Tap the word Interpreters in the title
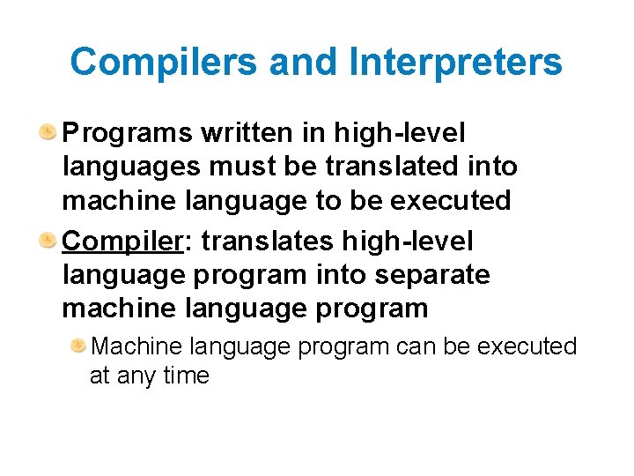click(455, 62)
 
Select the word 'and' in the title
click(304, 62)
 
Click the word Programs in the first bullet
click(129, 133)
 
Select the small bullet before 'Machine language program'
click(78, 346)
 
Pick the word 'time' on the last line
click(186, 376)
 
